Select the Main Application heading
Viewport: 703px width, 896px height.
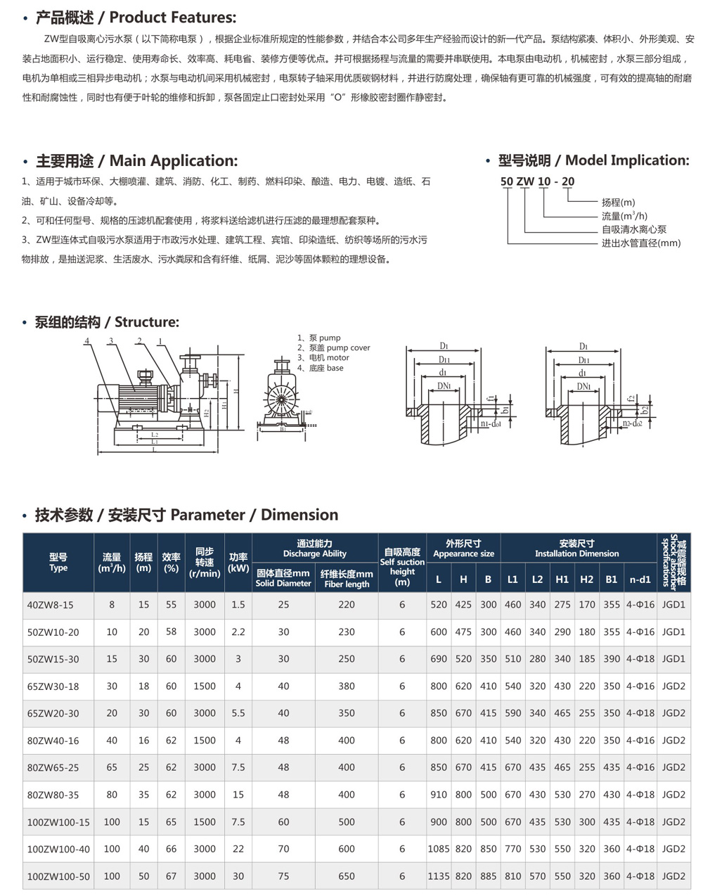[136, 161]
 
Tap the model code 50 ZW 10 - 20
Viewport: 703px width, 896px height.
[537, 181]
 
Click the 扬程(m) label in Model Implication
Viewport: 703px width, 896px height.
[618, 203]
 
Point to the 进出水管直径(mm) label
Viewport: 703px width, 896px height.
[640, 243]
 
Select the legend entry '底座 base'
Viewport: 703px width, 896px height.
[321, 368]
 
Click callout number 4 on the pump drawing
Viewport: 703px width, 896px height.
[87, 341]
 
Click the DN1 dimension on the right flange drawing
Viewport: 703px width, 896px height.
[583, 386]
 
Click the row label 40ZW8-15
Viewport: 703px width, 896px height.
[50, 605]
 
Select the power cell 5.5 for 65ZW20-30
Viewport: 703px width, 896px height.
[238, 713]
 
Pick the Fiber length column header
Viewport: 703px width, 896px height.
[347, 579]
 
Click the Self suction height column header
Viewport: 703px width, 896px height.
[402, 567]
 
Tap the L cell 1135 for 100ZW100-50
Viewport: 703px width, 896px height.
[438, 876]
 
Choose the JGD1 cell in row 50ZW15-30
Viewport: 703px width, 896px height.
[673, 659]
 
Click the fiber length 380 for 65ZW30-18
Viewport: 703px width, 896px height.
[347, 686]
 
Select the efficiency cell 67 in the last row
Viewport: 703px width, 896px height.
[171, 876]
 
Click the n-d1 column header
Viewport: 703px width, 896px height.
[640, 580]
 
